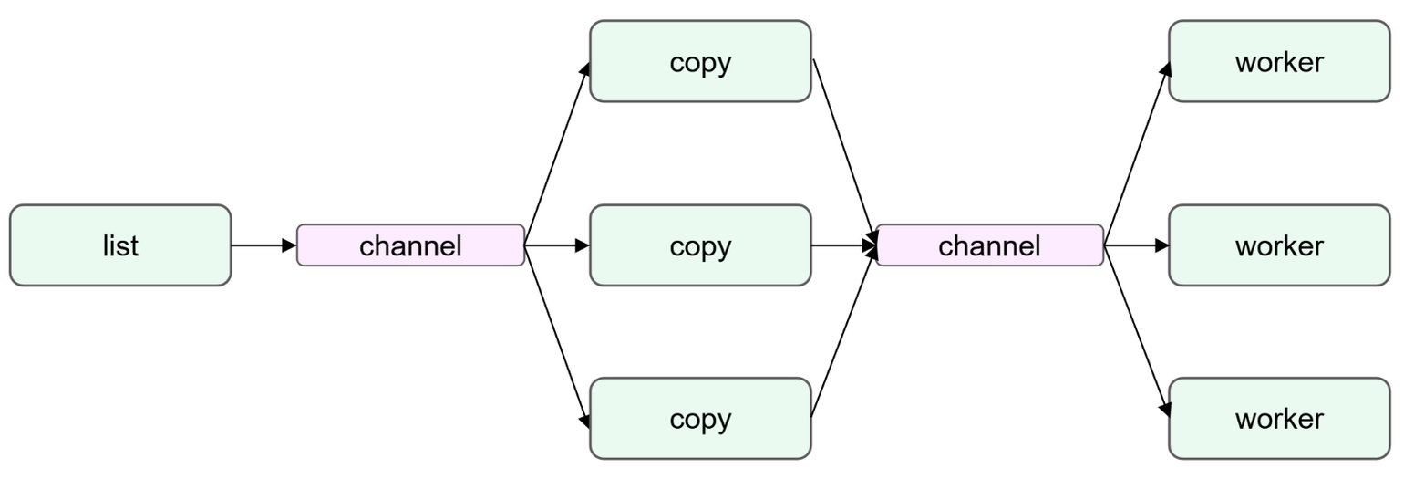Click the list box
120,245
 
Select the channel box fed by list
410,245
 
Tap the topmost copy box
701,61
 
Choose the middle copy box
701,245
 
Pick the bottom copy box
701,418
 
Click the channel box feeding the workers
990,245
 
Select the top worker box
1280,61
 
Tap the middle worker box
1280,245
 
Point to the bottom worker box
1280,418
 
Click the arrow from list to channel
263,245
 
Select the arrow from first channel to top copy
557,153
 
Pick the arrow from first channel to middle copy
557,245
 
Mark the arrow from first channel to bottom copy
557,338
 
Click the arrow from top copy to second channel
844,151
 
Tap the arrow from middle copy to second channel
844,245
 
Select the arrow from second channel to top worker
1137,153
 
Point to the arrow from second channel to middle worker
1137,245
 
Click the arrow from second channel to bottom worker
1137,332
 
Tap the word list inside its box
120,245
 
